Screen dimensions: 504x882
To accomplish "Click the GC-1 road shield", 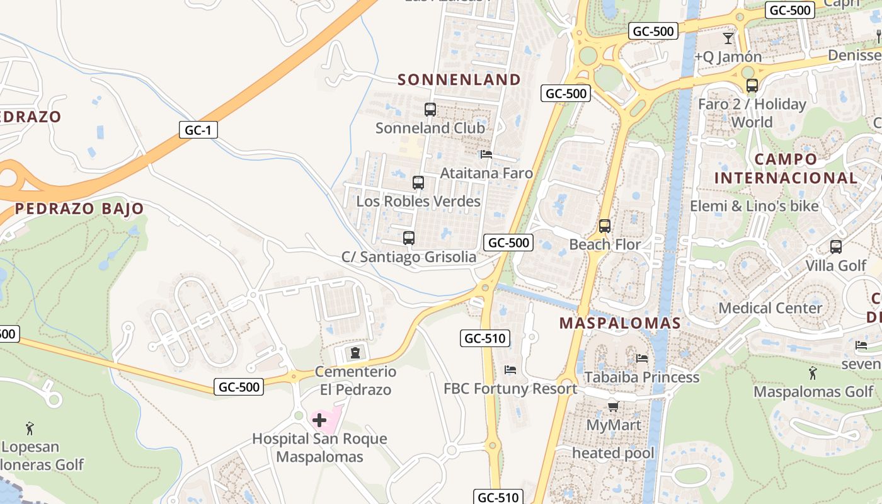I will (198, 130).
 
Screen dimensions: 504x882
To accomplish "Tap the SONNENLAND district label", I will (459, 79).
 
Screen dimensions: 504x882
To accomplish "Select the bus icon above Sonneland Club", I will (430, 110).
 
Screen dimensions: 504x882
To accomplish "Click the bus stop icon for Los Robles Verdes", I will (418, 183).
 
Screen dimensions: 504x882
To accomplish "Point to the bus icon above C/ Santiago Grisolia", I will (409, 238).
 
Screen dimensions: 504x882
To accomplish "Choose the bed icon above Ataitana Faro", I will (486, 154).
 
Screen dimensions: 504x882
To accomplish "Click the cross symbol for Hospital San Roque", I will (319, 420).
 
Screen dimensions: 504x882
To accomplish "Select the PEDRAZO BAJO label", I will (79, 209).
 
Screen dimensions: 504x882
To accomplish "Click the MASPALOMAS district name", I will (621, 323).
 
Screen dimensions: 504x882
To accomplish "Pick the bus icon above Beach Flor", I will (605, 226).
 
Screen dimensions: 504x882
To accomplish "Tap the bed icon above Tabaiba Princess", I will (642, 358).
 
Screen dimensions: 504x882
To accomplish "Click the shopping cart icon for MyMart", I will (613, 406).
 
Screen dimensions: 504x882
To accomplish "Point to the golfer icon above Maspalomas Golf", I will (813, 373).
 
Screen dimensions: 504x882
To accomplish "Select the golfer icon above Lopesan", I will (30, 429).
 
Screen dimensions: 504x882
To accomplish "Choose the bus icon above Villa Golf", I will (836, 247).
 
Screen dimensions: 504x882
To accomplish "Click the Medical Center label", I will (770, 308).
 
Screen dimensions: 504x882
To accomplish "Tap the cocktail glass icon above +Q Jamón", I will (728, 38).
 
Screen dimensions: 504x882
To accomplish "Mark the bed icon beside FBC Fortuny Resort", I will (510, 370).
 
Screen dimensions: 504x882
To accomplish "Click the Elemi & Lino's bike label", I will (754, 206).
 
